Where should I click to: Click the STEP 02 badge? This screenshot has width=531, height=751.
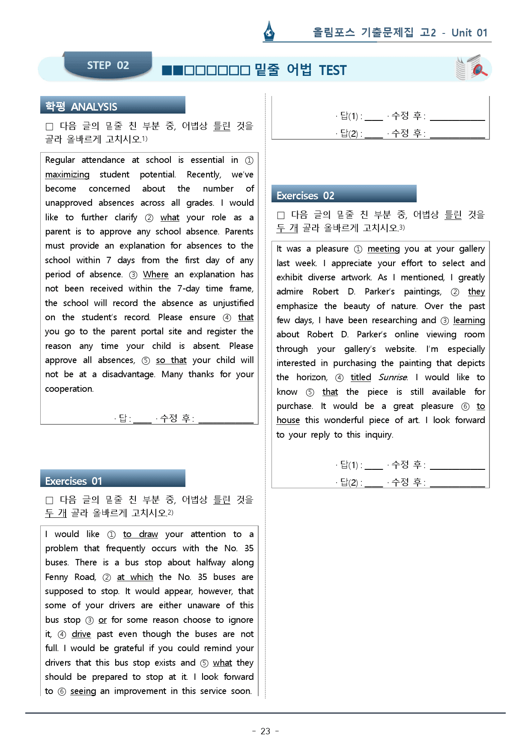coord(108,65)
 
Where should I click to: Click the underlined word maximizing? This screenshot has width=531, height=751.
coord(67,174)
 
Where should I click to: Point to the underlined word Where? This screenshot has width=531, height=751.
coord(155,274)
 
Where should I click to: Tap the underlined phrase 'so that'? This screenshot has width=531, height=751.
coord(171,360)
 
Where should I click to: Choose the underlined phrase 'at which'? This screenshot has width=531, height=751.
coord(135,577)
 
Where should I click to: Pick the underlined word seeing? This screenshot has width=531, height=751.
coord(83,691)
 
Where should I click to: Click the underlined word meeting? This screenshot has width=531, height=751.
coord(383,249)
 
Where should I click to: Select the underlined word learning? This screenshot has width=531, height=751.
coord(469,320)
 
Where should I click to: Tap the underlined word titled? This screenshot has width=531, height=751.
coord(361,377)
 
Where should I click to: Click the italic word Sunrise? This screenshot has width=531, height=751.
coord(393,377)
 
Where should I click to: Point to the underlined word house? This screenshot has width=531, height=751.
coord(288,420)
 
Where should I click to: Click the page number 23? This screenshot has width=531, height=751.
coord(265,731)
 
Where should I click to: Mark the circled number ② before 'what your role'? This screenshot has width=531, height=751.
coord(149,218)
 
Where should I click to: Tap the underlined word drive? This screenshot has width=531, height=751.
coord(81,634)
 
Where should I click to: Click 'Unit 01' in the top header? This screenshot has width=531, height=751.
coord(469,33)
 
